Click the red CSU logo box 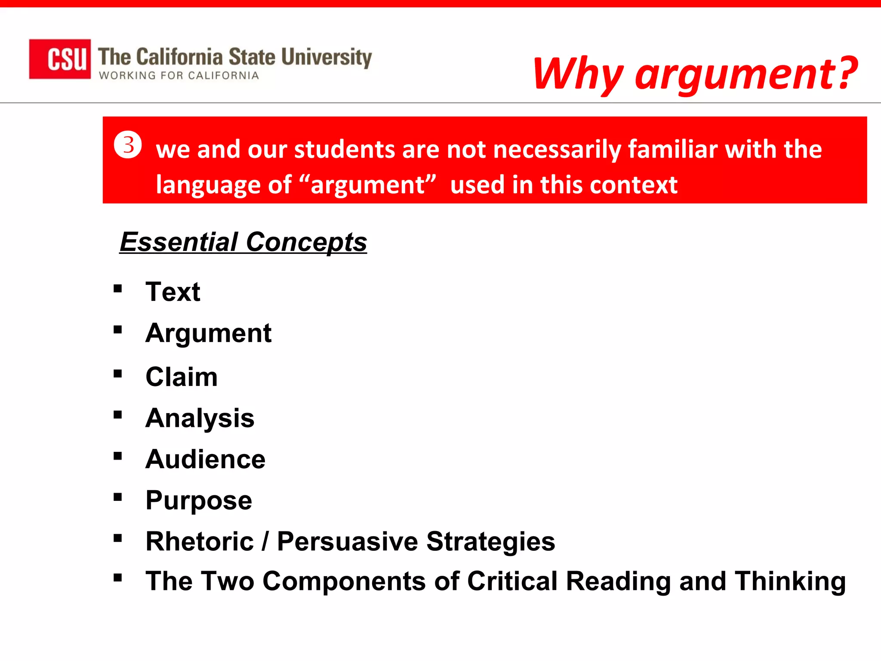[x=60, y=59]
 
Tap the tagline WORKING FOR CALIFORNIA [x=179, y=76]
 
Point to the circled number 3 [x=128, y=145]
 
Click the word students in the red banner [x=345, y=149]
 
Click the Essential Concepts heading [x=243, y=242]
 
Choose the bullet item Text [x=173, y=292]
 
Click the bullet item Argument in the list [x=209, y=333]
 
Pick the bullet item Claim [x=182, y=377]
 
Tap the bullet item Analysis [x=200, y=418]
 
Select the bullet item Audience [x=206, y=459]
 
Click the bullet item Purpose [x=199, y=500]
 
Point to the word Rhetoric [x=200, y=541]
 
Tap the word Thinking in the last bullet [x=790, y=581]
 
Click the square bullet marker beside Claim [x=118, y=374]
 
